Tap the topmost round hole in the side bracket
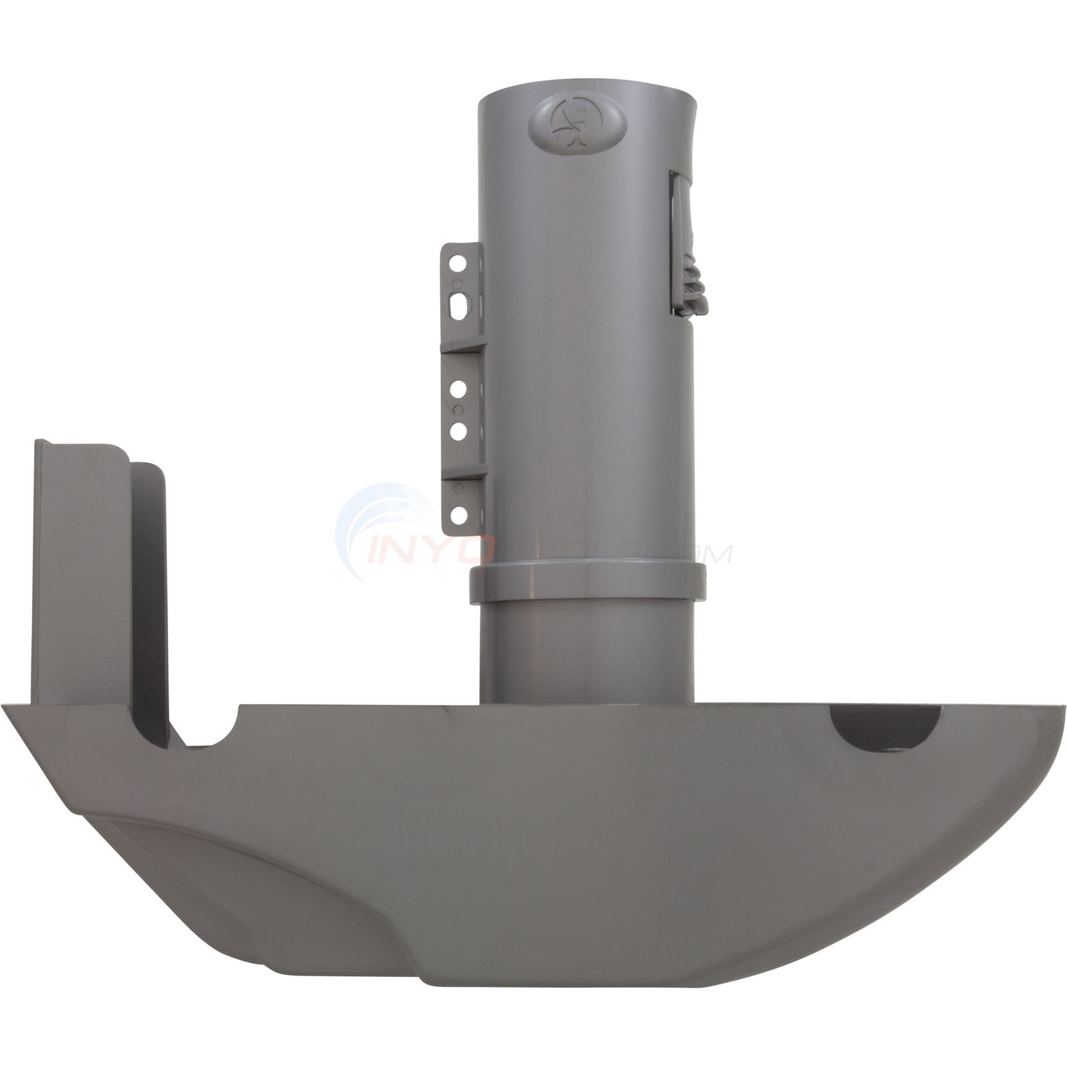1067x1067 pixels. tap(458, 265)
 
